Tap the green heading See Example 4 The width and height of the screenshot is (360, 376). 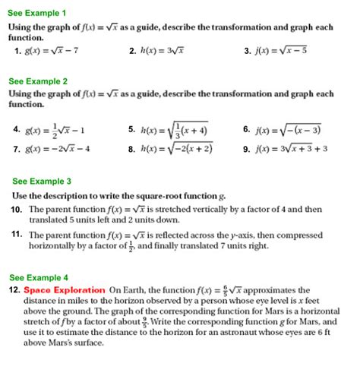[x=38, y=277]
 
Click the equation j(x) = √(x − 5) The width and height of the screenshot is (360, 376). [x=281, y=52]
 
